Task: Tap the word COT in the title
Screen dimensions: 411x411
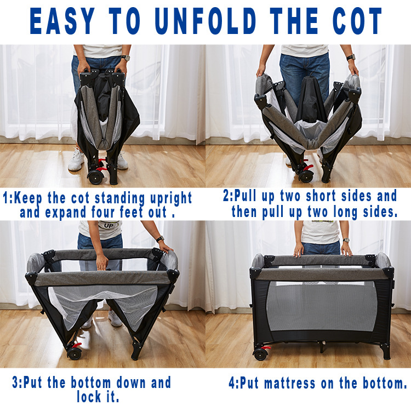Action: click(x=357, y=21)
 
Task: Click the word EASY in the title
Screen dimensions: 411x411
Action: click(x=62, y=21)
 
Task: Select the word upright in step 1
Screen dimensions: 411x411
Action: click(x=171, y=198)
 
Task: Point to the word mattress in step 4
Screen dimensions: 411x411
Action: click(x=290, y=383)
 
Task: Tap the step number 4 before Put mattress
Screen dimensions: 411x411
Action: click(x=232, y=383)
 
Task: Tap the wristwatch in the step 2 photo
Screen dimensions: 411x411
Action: click(x=351, y=57)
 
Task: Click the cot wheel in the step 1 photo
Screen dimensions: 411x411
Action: click(x=95, y=178)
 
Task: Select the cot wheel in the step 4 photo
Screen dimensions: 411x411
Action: click(x=260, y=355)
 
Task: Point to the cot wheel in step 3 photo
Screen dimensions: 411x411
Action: click(x=74, y=353)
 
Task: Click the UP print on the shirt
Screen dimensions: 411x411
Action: click(x=109, y=225)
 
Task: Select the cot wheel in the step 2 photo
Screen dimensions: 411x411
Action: click(x=306, y=176)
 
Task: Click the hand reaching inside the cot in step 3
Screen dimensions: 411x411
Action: click(x=102, y=262)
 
